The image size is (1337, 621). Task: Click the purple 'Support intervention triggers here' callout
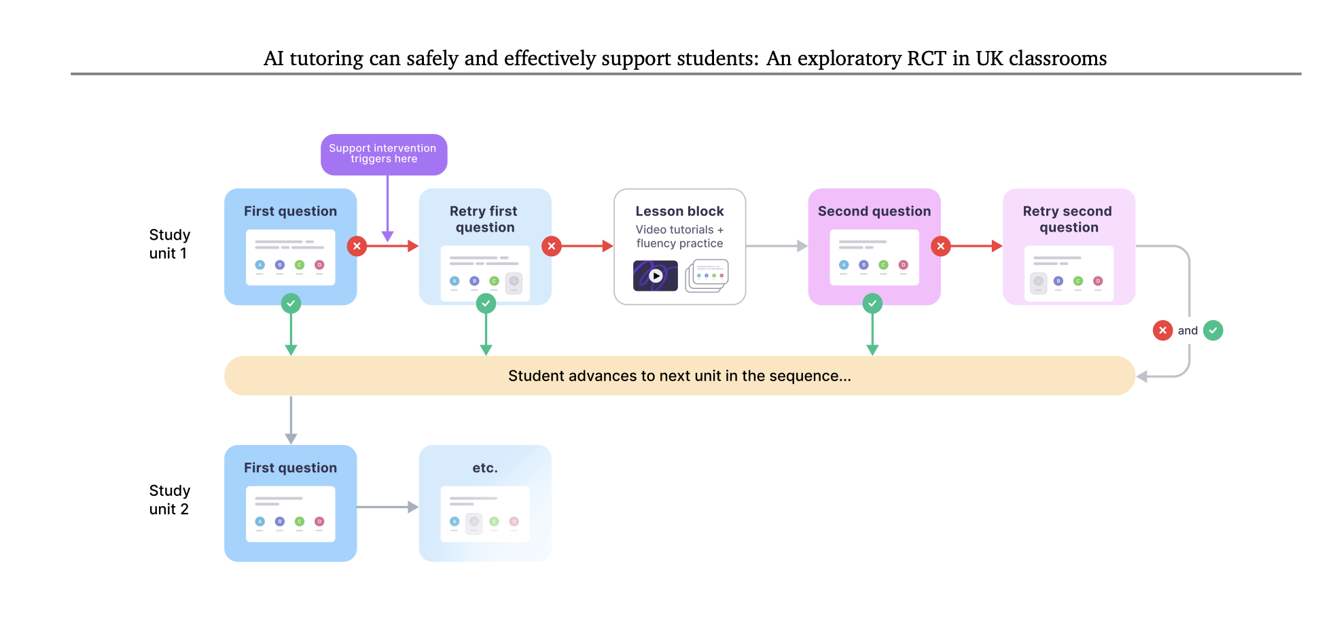(x=383, y=154)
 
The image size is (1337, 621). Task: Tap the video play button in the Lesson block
(x=656, y=276)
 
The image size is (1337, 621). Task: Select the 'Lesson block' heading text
(x=679, y=211)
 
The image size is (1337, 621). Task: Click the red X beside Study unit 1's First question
(x=357, y=246)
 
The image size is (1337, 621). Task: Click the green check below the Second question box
(x=872, y=303)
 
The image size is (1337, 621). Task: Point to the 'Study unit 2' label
(x=169, y=500)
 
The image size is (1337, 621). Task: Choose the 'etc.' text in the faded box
(x=485, y=468)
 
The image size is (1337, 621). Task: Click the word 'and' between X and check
(x=1188, y=331)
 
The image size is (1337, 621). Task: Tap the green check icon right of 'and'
(x=1213, y=331)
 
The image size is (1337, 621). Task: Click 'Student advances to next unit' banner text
(x=679, y=376)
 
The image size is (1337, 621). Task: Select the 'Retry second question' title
(x=1068, y=219)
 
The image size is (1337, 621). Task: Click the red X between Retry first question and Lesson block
(x=552, y=246)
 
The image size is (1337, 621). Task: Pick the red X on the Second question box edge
(x=940, y=246)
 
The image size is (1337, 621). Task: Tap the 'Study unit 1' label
(x=169, y=244)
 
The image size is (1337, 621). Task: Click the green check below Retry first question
(x=486, y=303)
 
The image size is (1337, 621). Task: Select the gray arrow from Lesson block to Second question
(x=777, y=246)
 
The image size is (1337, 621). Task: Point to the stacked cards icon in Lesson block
(x=707, y=276)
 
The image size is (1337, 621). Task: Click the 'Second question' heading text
(x=874, y=211)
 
